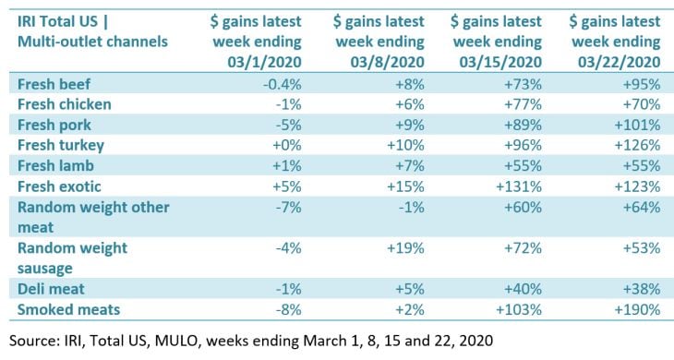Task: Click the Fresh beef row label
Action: (54, 84)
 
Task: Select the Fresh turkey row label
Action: (61, 145)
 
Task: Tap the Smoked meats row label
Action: (68, 309)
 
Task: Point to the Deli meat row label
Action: (51, 289)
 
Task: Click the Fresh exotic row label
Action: (59, 186)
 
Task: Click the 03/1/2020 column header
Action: (256, 42)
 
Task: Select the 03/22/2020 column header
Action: (615, 42)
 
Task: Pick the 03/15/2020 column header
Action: (497, 42)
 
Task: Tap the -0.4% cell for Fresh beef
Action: (282, 84)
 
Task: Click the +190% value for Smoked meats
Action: (637, 309)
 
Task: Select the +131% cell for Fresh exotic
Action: (519, 186)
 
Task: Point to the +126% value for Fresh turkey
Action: (637, 145)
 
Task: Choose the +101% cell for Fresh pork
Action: (637, 125)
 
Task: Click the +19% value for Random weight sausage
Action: (405, 248)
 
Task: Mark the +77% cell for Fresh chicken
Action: (523, 104)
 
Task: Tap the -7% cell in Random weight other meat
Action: (288, 207)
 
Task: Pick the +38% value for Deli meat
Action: (642, 289)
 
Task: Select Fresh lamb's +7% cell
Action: (410, 166)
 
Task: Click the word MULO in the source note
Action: (176, 341)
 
